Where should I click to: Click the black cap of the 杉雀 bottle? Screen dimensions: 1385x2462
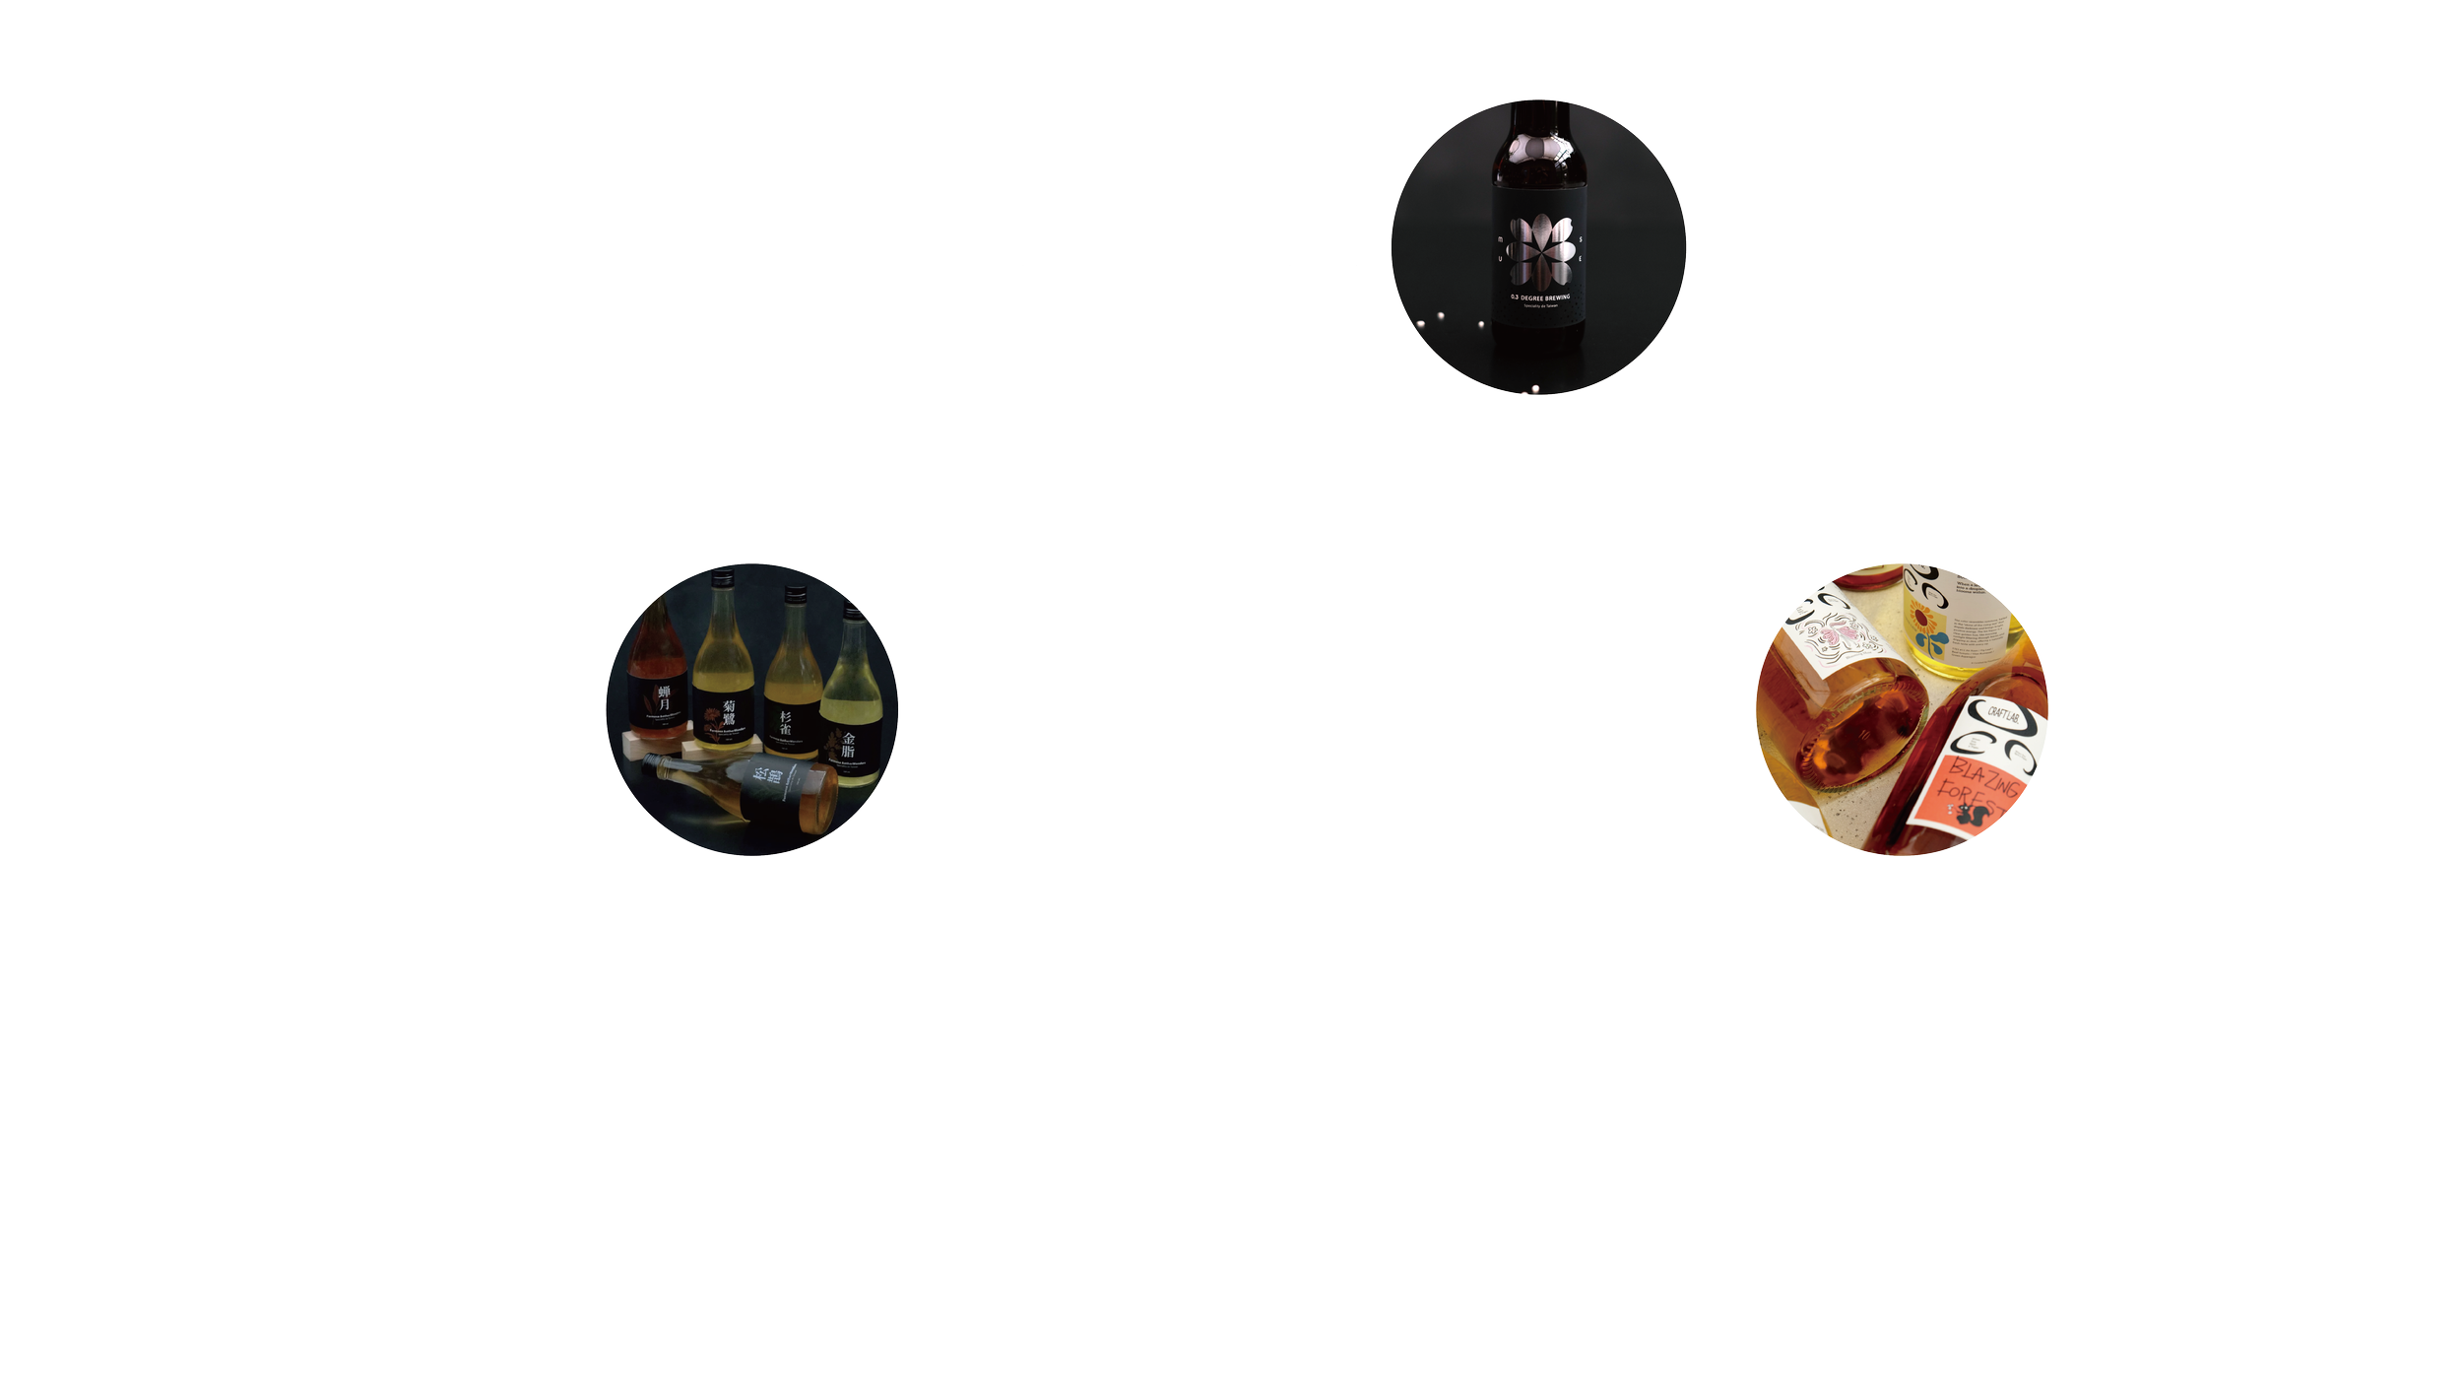pos(794,594)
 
